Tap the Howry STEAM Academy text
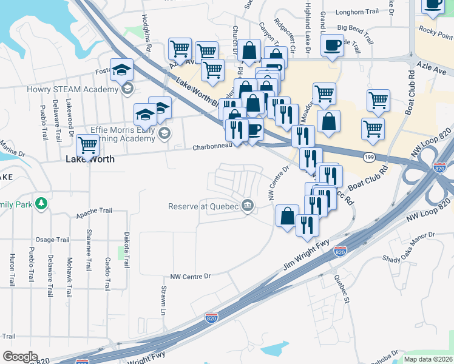(x=72, y=90)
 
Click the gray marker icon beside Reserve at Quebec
(x=247, y=206)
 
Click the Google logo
(x=20, y=357)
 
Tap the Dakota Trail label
(x=126, y=250)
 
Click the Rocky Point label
(x=435, y=30)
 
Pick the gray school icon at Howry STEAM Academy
(x=127, y=90)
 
